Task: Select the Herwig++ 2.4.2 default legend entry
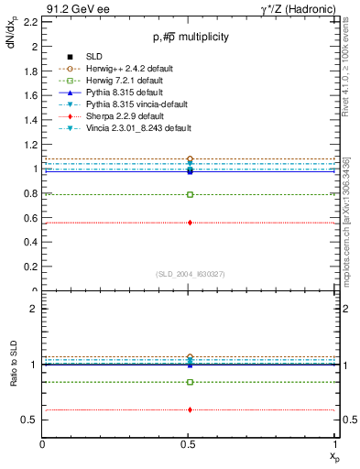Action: coord(116,69)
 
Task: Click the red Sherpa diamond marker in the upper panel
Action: coord(190,223)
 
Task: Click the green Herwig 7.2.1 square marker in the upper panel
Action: coord(190,194)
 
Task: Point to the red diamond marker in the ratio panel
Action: coord(190,409)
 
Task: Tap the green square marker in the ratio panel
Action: coord(190,382)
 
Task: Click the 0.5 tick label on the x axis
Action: coord(190,444)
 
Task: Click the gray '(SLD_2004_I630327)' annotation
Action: coord(190,273)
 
